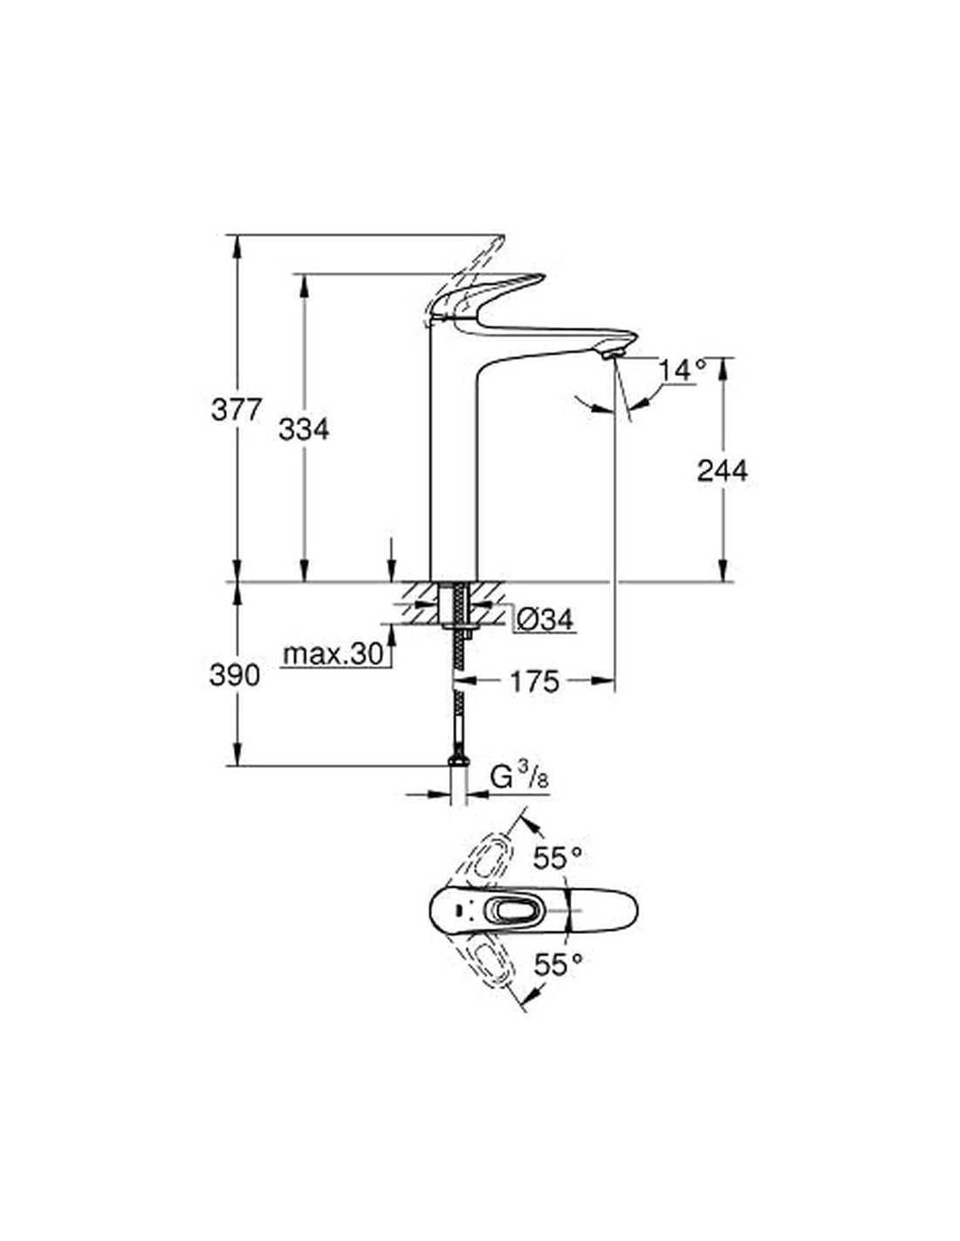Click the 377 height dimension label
pyautogui.click(x=236, y=409)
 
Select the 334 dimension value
pyautogui.click(x=304, y=429)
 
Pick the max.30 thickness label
pyautogui.click(x=333, y=654)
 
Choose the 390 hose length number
pyautogui.click(x=234, y=675)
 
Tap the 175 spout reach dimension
pyautogui.click(x=534, y=682)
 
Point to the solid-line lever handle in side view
pyautogui.click(x=485, y=296)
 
